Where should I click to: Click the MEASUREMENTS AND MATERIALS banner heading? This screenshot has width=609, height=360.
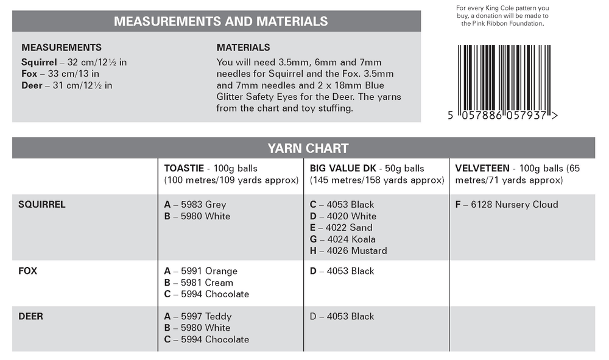pyautogui.click(x=220, y=21)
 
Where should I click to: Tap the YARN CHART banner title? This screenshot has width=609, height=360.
pyautogui.click(x=308, y=148)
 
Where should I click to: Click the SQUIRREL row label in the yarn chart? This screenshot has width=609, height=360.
pyautogui.click(x=42, y=205)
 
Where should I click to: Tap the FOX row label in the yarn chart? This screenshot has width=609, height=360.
pyautogui.click(x=28, y=271)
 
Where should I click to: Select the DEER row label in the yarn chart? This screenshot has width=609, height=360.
pyautogui.click(x=31, y=317)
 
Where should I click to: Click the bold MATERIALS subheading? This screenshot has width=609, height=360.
pyautogui.click(x=243, y=48)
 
